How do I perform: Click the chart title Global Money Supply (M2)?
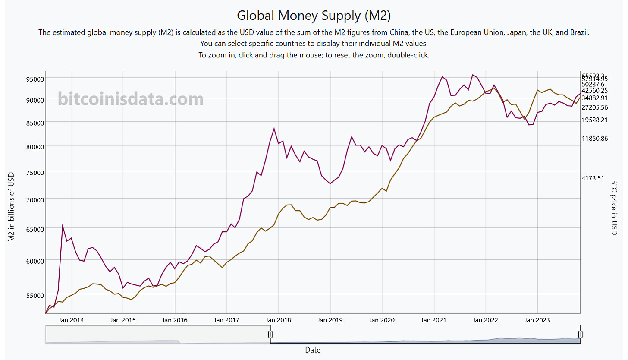[314, 15]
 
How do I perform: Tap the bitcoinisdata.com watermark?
[130, 99]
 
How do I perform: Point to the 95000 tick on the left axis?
[33, 79]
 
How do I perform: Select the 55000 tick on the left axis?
[33, 295]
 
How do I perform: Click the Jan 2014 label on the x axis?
[71, 320]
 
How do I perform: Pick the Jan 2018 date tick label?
[278, 320]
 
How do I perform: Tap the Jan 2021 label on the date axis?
[433, 320]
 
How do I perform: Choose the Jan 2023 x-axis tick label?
[537, 320]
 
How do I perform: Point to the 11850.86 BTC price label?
[600, 139]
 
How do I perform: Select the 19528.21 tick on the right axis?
[600, 120]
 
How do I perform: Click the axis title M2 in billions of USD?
[12, 207]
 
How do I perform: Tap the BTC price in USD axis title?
[615, 208]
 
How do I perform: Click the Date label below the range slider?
[313, 350]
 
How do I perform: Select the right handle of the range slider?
[580, 334]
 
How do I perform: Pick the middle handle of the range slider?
[270, 334]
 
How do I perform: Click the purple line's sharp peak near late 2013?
[63, 225]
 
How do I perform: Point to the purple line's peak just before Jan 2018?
[274, 128]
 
